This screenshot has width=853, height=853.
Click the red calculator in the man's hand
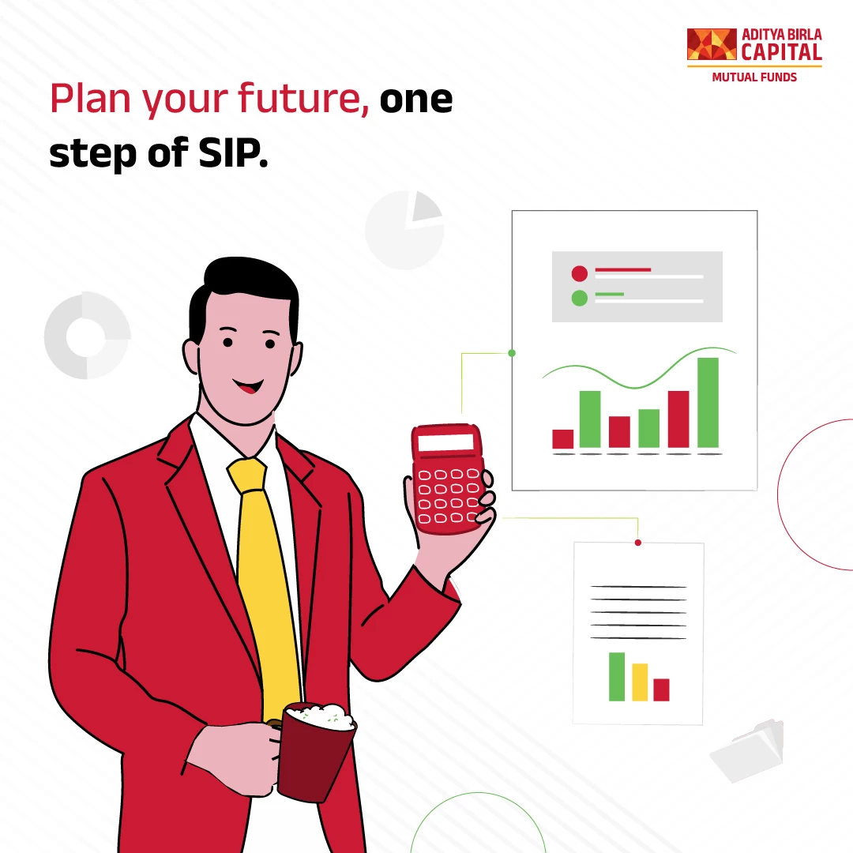(x=446, y=479)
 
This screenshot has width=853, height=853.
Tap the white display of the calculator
(x=445, y=442)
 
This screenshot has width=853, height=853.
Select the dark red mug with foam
(x=315, y=751)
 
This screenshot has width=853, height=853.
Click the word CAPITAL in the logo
(x=782, y=52)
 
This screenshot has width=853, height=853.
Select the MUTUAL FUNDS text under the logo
(x=754, y=77)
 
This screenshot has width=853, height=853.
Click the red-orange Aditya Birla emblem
(x=712, y=44)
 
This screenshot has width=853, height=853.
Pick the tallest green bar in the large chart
(x=708, y=403)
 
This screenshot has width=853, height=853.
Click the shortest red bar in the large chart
(x=562, y=439)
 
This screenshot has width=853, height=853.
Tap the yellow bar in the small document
(x=640, y=682)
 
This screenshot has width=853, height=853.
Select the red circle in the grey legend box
(x=580, y=273)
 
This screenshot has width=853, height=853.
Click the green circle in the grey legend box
(x=580, y=298)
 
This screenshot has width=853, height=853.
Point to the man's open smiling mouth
(x=248, y=386)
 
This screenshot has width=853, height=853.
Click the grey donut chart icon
(x=87, y=336)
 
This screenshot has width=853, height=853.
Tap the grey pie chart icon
(x=404, y=230)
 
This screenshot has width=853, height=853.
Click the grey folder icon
(x=748, y=750)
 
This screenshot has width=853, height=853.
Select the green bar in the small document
(x=617, y=677)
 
